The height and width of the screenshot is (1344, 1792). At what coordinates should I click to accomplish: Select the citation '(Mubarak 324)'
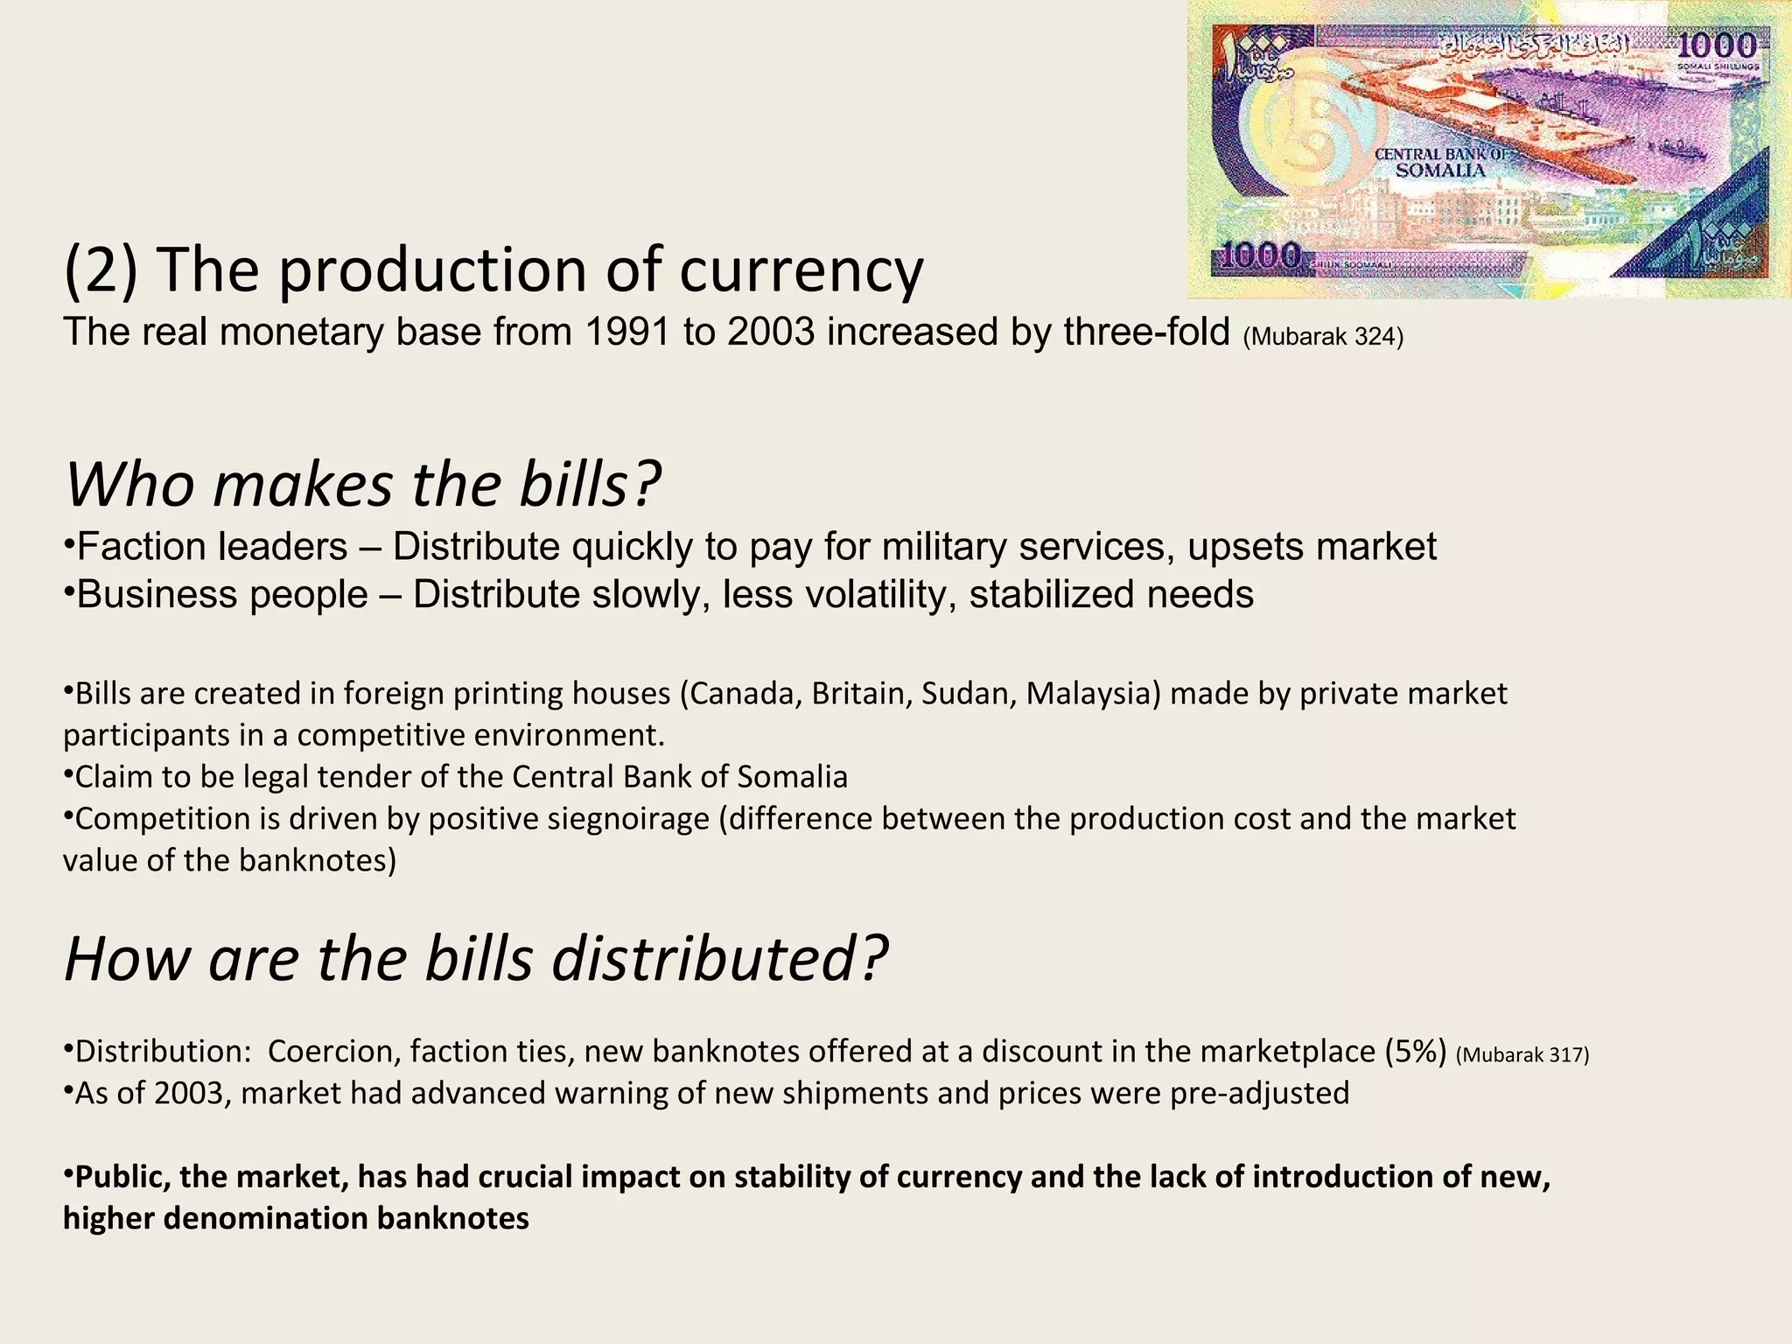point(1322,337)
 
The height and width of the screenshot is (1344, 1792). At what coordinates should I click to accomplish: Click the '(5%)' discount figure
point(1416,1051)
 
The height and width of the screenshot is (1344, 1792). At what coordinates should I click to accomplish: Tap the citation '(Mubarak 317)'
point(1522,1055)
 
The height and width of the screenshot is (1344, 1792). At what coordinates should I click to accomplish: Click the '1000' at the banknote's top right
point(1717,46)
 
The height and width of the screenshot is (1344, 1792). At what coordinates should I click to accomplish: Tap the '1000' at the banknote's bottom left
point(1261,255)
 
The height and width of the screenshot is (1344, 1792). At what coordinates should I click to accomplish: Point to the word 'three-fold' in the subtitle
point(1146,333)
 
